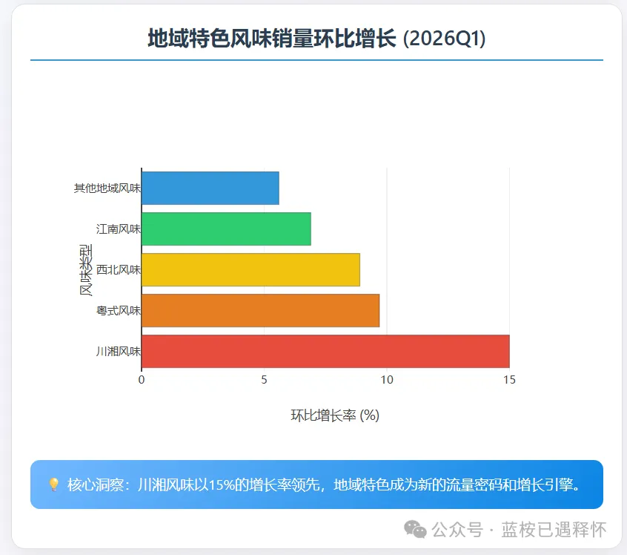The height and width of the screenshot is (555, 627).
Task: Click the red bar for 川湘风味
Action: pos(325,351)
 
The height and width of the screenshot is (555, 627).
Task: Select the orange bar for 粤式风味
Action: pos(260,310)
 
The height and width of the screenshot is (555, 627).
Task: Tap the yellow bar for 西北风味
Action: pos(251,269)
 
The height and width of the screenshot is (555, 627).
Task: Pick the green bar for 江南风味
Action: pos(226,229)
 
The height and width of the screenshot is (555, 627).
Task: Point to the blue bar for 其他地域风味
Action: pos(210,188)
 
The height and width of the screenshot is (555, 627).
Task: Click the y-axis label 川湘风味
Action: pos(118,351)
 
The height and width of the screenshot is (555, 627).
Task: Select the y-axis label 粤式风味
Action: pos(118,310)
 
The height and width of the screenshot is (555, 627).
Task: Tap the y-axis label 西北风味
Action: pos(118,269)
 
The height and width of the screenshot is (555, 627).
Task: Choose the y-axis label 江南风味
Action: pos(118,229)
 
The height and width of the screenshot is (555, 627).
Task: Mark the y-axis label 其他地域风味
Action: pos(107,188)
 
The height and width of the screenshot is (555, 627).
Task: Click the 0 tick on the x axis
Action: pos(142,380)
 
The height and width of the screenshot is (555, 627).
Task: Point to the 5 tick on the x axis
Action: pos(264,380)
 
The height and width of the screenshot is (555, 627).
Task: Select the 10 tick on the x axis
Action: pos(386,380)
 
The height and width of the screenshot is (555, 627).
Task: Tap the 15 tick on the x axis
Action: pos(509,380)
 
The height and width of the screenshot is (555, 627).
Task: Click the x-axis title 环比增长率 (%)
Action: pos(335,416)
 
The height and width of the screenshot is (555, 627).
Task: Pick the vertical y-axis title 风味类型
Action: pos(86,269)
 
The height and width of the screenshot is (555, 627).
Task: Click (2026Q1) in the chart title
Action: pos(444,38)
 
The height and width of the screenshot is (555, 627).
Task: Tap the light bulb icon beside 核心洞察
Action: pos(54,485)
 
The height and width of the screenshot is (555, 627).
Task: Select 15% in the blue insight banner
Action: pos(222,485)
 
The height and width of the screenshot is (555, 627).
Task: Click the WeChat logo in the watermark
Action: pos(415,529)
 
